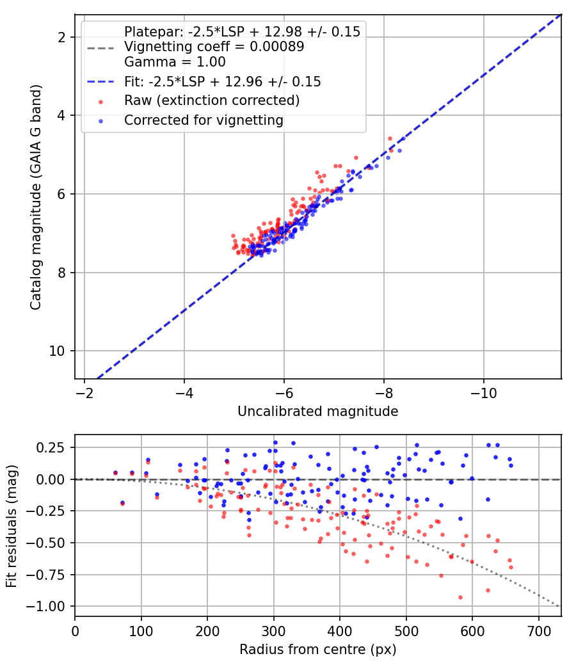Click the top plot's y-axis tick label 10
click(56, 351)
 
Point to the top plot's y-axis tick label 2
click(61, 38)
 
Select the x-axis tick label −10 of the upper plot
click(484, 393)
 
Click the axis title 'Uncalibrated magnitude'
click(317, 412)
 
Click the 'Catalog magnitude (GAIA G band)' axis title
click(36, 197)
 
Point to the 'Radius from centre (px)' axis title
click(317, 650)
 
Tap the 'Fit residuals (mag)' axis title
click(12, 526)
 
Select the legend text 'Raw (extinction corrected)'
click(212, 100)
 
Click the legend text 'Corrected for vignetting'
click(204, 120)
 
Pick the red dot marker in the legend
click(100, 102)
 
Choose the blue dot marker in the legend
click(100, 122)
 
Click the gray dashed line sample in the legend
click(100, 48)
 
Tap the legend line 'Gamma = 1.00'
click(175, 62)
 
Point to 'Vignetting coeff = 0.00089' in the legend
click(214, 47)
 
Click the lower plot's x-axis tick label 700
click(538, 631)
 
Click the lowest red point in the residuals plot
click(460, 597)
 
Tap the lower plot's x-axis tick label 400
click(340, 631)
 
